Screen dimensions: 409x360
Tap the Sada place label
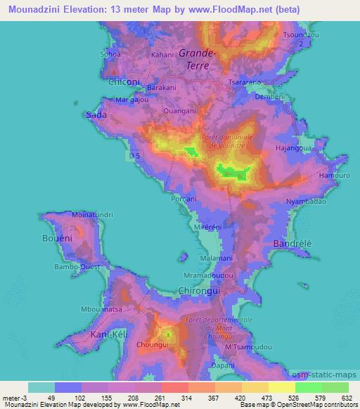pos(96,114)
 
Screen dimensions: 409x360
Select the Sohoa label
pos(110,53)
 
